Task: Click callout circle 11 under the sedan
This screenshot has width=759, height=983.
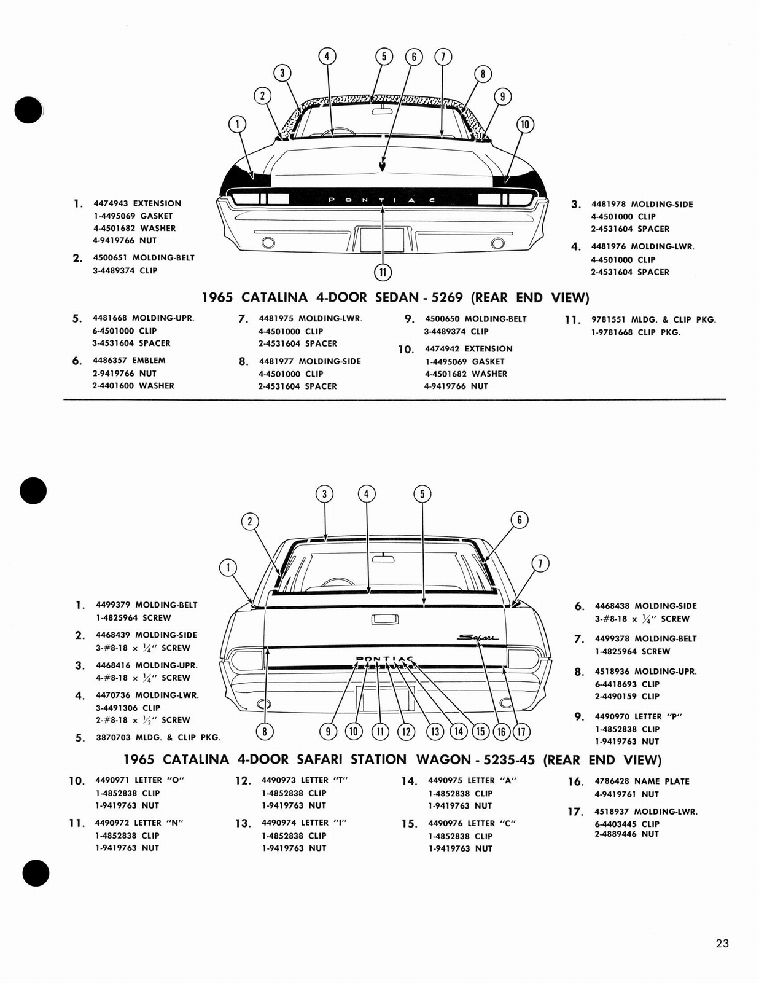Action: pyautogui.click(x=383, y=272)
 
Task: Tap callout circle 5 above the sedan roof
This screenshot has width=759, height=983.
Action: pyautogui.click(x=384, y=57)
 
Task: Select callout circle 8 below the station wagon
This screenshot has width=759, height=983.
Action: pyautogui.click(x=265, y=731)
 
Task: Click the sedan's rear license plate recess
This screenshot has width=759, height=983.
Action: pyautogui.click(x=381, y=239)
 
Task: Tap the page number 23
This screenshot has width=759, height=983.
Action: pyautogui.click(x=722, y=943)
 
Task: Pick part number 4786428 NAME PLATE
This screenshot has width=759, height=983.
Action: pyautogui.click(x=612, y=781)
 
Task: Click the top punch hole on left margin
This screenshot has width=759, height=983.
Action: pyautogui.click(x=29, y=111)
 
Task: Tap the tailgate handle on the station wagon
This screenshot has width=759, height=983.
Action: pyautogui.click(x=384, y=619)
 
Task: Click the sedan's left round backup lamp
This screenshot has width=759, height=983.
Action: pyautogui.click(x=268, y=243)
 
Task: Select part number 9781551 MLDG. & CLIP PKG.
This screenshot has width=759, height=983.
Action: pyautogui.click(x=608, y=319)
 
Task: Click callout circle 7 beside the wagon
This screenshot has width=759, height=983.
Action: pyautogui.click(x=540, y=563)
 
